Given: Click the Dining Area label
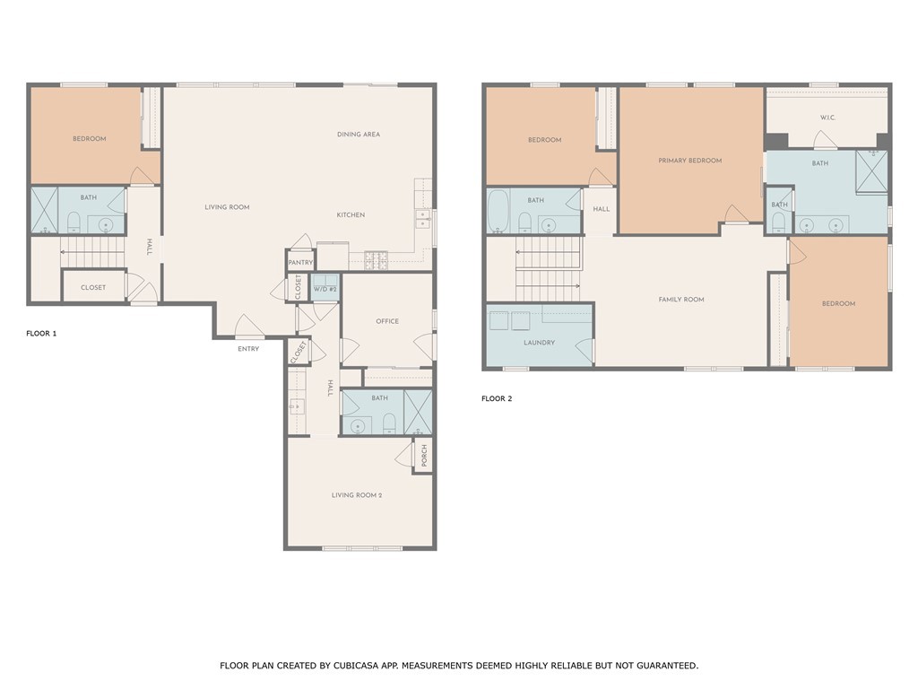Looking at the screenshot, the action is point(359,135).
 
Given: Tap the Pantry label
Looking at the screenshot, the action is point(300,263).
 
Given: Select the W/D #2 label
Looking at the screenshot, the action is point(325,290).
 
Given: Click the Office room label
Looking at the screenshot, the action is point(387,321).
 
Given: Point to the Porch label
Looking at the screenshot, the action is point(424,456).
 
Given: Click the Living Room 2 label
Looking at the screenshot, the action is point(357,495).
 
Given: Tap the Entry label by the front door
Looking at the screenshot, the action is point(248,349).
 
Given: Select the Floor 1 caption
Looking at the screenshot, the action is point(41,334).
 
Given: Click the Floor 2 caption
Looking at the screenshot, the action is point(497,398).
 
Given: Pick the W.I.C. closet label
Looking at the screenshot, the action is point(827,118).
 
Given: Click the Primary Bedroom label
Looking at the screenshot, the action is point(689,161).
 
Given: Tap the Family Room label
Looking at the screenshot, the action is point(681,300).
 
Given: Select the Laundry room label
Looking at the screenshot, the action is point(539,343).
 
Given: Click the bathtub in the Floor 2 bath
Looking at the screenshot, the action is point(498,211).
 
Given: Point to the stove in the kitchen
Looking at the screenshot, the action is point(376,260).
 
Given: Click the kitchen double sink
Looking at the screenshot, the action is point(423,219).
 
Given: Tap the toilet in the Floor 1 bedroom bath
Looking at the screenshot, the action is point(74,222).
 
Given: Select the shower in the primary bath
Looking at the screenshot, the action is point(871,170).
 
